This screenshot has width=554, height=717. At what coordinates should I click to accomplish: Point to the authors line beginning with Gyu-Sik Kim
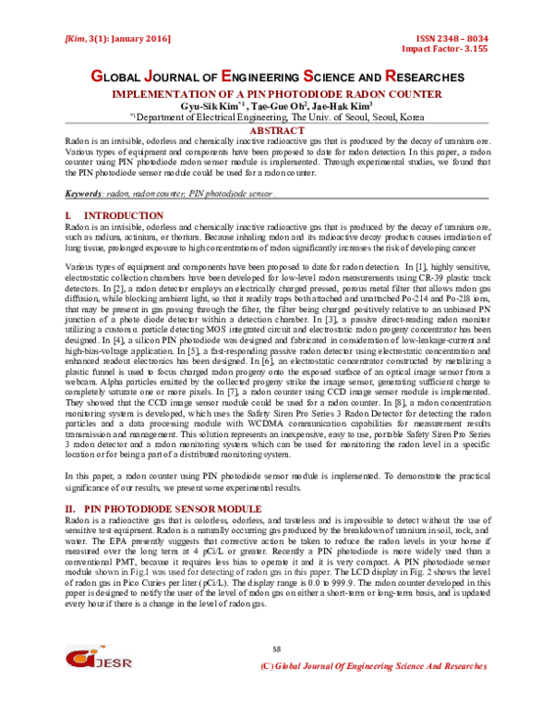pos(277,106)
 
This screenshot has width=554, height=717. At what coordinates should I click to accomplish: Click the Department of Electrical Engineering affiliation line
pos(277,118)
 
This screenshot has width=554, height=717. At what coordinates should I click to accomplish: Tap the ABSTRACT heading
pos(277,132)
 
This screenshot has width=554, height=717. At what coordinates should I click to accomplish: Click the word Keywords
pos(85,196)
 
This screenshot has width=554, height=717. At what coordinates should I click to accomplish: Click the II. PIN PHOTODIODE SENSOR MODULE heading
pos(164,509)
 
